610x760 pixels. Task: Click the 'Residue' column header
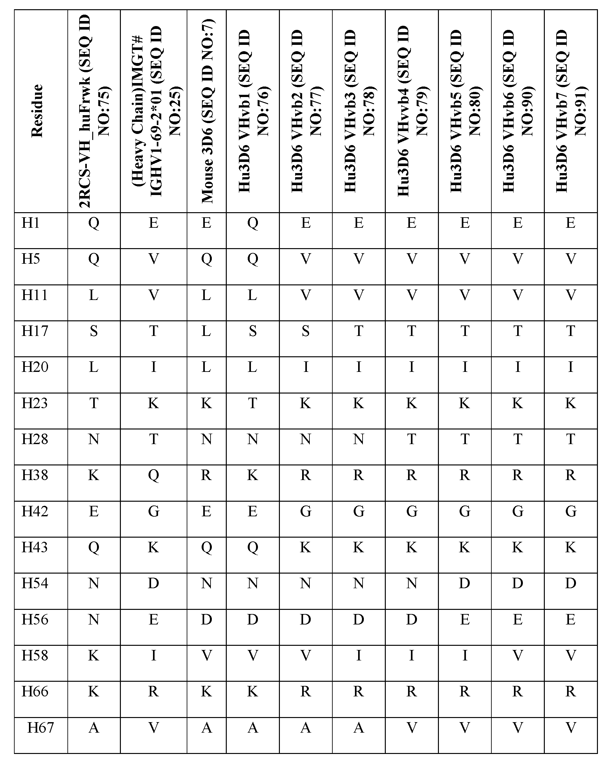click(37, 111)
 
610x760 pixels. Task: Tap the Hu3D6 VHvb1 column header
click(253, 111)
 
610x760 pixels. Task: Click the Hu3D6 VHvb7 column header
click(571, 111)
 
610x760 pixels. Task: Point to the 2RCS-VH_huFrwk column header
click(94, 111)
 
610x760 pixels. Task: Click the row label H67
click(40, 728)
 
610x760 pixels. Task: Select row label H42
click(35, 512)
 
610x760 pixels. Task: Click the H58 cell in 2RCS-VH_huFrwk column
click(94, 656)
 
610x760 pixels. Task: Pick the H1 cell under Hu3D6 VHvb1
click(253, 223)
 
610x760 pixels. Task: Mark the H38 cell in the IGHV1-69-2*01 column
click(154, 476)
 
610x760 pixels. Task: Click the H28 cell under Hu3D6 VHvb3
click(359, 440)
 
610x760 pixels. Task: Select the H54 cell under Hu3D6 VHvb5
click(465, 583)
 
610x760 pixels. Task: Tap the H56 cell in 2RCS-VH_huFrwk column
click(94, 620)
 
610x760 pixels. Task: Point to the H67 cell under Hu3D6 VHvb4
click(412, 728)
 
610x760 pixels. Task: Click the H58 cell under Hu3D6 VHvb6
click(518, 656)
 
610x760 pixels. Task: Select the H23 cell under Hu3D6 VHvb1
click(253, 403)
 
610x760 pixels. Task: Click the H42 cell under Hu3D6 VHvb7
click(571, 512)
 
